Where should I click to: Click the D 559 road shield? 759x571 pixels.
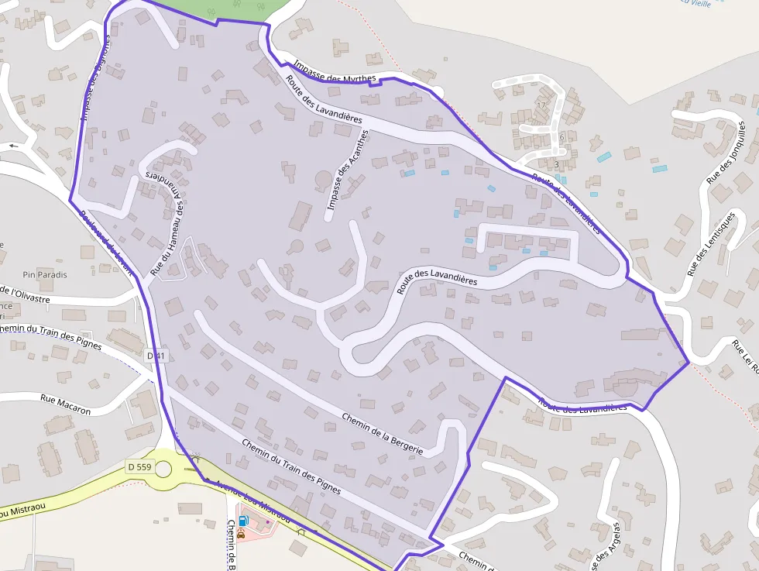140,466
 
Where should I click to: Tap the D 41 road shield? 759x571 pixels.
156,356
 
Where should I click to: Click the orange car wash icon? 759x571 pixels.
242,533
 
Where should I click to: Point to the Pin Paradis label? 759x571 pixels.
45,274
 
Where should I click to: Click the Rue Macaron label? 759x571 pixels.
65,404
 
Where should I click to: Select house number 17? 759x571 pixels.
541,105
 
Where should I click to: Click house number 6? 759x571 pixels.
561,137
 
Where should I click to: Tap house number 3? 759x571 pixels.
556,164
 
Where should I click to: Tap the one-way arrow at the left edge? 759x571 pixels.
12,145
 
